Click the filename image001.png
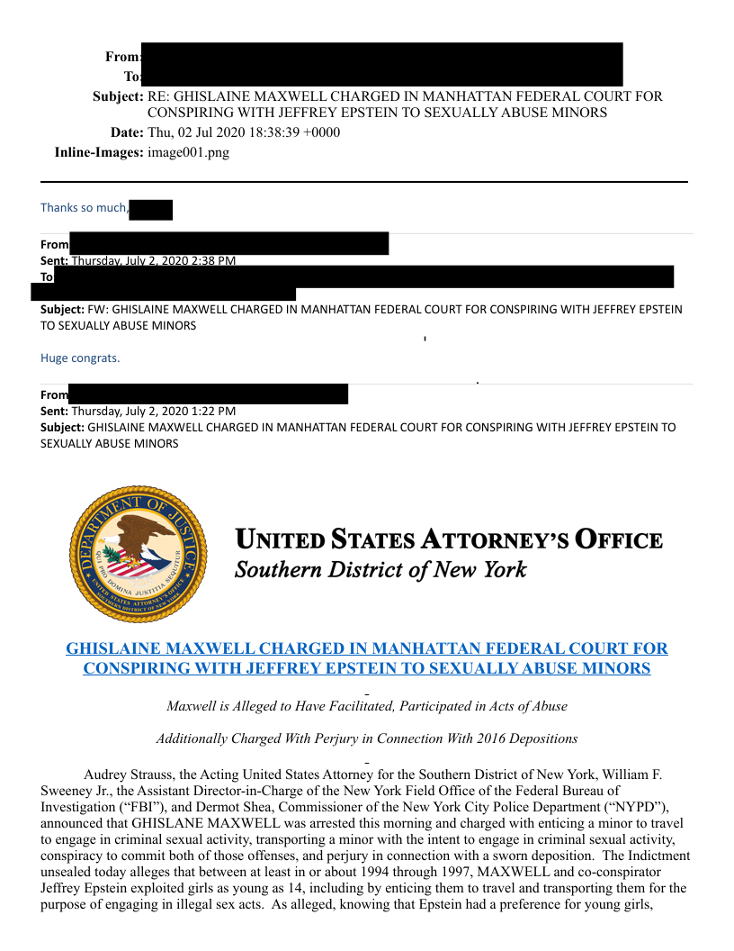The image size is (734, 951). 188,152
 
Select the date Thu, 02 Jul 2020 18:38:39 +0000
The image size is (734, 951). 244,132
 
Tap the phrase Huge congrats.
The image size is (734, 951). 80,358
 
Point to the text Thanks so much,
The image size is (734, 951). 85,208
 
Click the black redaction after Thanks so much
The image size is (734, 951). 151,210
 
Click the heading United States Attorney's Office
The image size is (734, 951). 448,540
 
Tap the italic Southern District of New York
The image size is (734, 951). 380,570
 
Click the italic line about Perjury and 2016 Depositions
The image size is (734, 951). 366,738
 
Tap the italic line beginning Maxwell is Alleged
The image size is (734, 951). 366,706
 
